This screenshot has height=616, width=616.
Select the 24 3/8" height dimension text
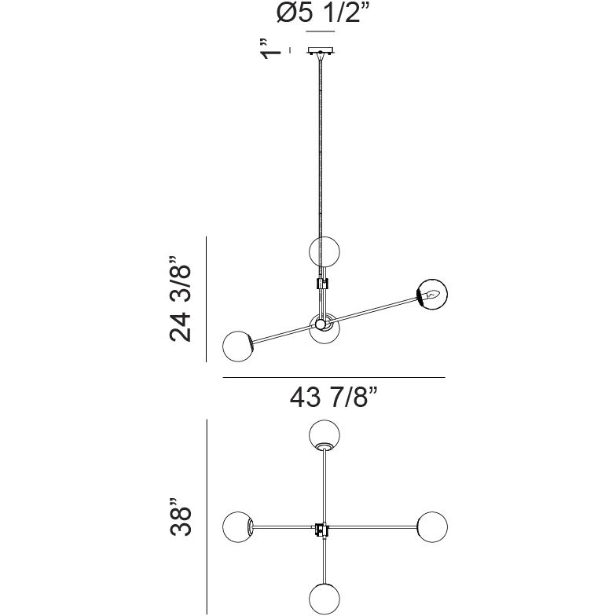pos(181,299)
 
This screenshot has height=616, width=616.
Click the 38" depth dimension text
pos(181,517)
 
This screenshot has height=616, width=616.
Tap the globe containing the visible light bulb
pos(432,294)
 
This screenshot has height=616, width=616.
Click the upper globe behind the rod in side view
pos(324,251)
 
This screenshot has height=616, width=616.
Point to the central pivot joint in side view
pos(321,324)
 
